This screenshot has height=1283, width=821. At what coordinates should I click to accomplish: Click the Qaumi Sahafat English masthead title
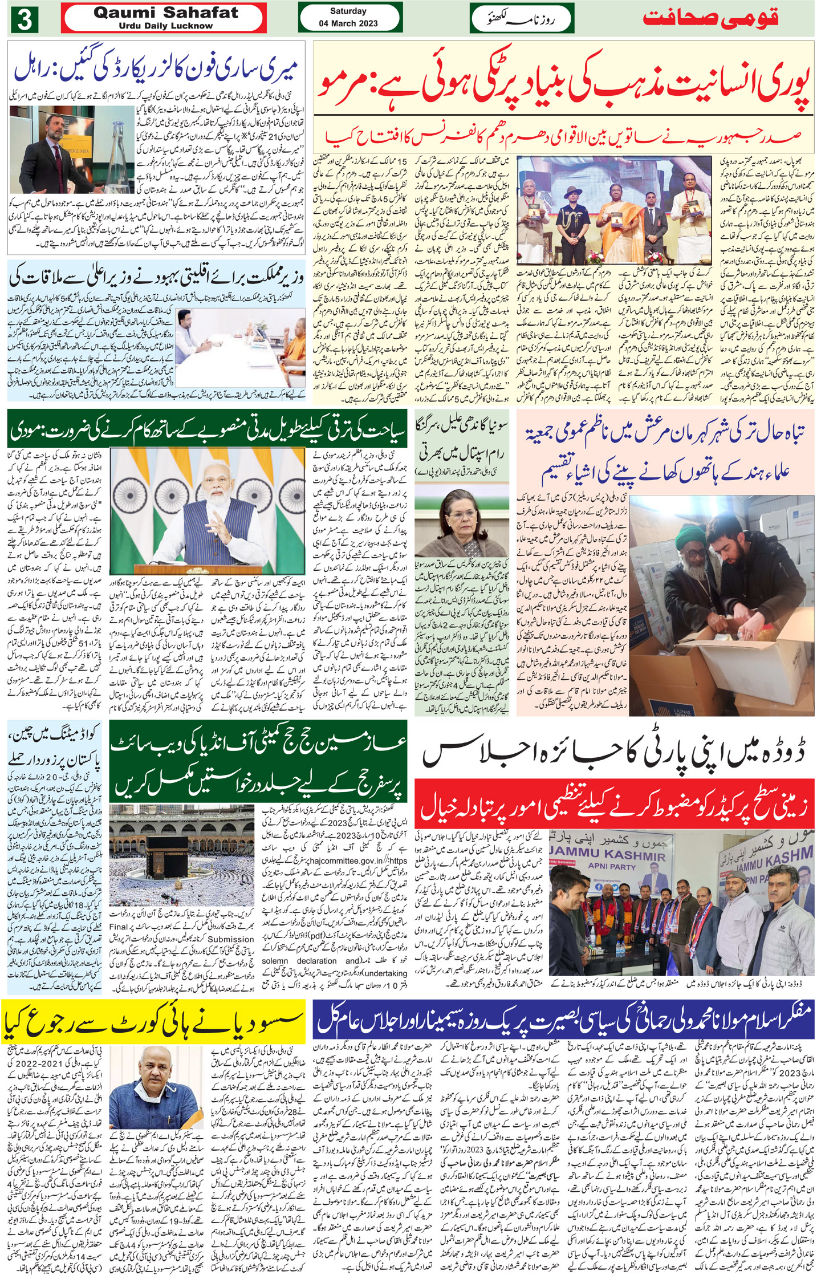tap(166, 13)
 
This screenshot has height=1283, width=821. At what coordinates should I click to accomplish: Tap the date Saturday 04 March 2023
tap(348, 18)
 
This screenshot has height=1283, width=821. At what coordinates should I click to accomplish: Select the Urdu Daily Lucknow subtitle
tap(166, 26)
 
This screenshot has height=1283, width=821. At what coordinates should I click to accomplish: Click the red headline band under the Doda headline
tap(613, 803)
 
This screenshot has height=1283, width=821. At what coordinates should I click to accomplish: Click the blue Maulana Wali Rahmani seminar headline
tap(563, 1024)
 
